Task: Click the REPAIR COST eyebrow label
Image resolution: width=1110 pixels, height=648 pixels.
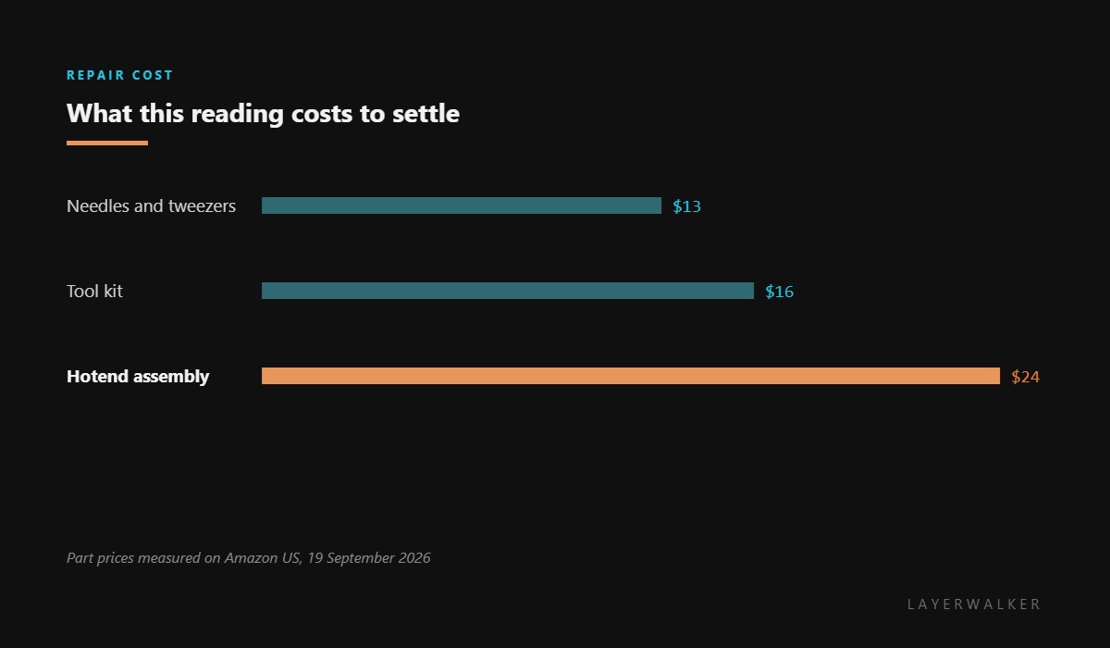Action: point(119,75)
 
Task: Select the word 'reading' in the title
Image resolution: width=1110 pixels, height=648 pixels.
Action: point(238,114)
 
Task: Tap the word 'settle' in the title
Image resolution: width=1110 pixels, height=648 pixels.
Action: point(426,114)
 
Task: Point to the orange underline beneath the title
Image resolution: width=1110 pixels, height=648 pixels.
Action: point(107,143)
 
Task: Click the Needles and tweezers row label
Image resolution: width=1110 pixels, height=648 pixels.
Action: point(151,206)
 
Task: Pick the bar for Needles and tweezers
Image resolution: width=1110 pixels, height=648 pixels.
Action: point(462,206)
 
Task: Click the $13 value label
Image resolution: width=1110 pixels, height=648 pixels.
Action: point(686,206)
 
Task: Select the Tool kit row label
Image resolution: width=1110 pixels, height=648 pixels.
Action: point(94,291)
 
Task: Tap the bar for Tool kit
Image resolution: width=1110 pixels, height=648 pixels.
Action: point(508,291)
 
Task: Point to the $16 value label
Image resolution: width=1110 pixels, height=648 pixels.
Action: point(780,292)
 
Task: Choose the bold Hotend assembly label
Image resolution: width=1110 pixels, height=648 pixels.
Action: point(138,377)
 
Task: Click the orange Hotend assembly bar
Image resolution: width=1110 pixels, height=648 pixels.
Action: point(631,376)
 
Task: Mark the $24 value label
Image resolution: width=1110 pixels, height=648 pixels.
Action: point(1026,377)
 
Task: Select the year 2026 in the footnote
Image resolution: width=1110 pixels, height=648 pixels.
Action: point(414,558)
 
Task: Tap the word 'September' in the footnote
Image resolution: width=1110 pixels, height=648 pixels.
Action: point(361,558)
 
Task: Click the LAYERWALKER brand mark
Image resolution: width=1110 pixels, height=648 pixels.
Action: point(974,604)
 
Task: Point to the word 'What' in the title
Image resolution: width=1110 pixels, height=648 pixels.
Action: point(100,114)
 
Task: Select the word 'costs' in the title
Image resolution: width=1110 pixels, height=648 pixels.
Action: point(322,115)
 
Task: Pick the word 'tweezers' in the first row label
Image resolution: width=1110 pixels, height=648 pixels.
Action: point(203,206)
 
